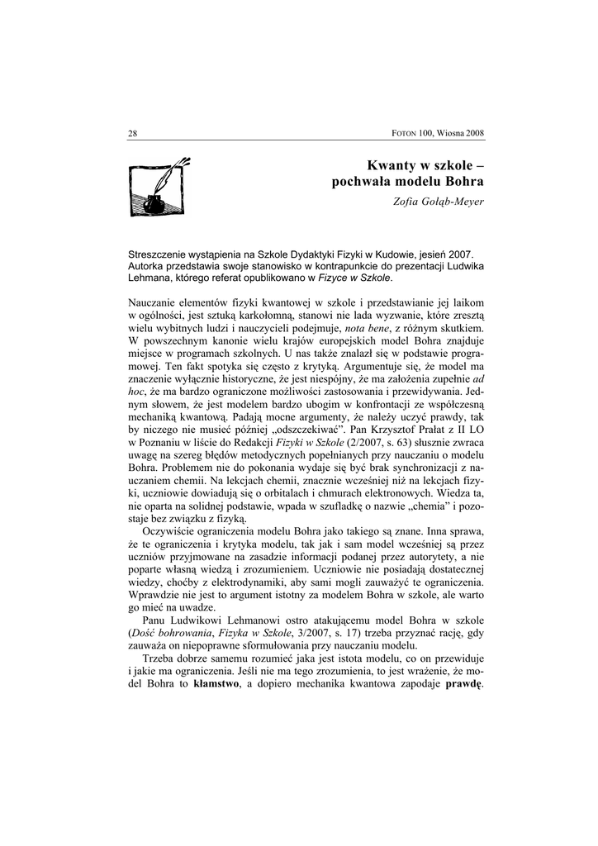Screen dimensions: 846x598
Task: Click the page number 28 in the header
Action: (x=132, y=133)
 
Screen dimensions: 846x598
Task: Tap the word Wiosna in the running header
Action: (x=449, y=133)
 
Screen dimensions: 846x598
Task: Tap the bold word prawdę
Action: (x=464, y=685)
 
